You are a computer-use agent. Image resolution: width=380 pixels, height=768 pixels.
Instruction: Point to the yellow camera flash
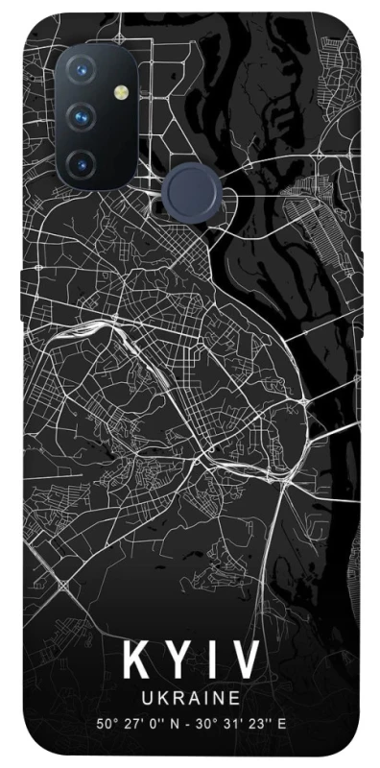click(x=122, y=92)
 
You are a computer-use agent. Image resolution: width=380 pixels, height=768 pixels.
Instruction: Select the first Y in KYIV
click(x=177, y=661)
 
